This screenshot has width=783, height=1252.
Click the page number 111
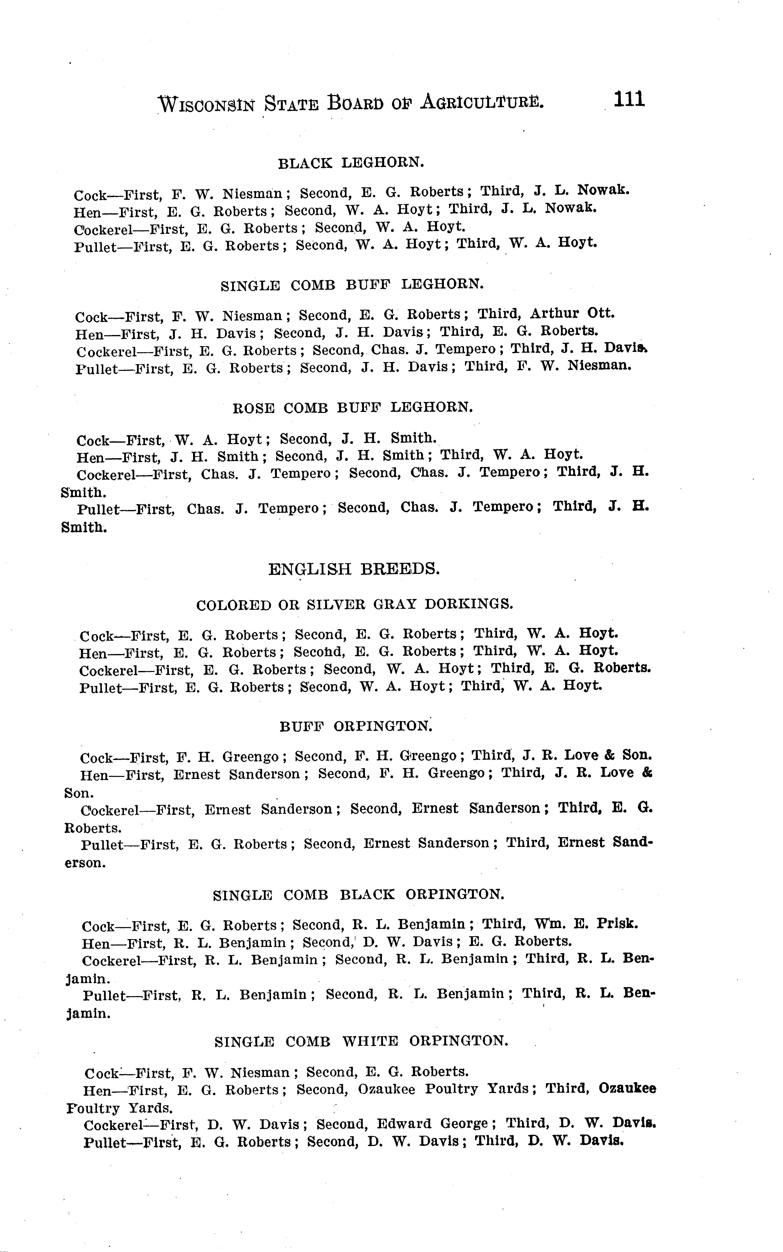pyautogui.click(x=629, y=99)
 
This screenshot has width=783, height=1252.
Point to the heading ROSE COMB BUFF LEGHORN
pyautogui.click(x=353, y=408)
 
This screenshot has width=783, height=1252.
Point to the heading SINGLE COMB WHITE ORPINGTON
pyautogui.click(x=361, y=1041)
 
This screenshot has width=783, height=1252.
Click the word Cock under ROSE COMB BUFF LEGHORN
pyautogui.click(x=93, y=441)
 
